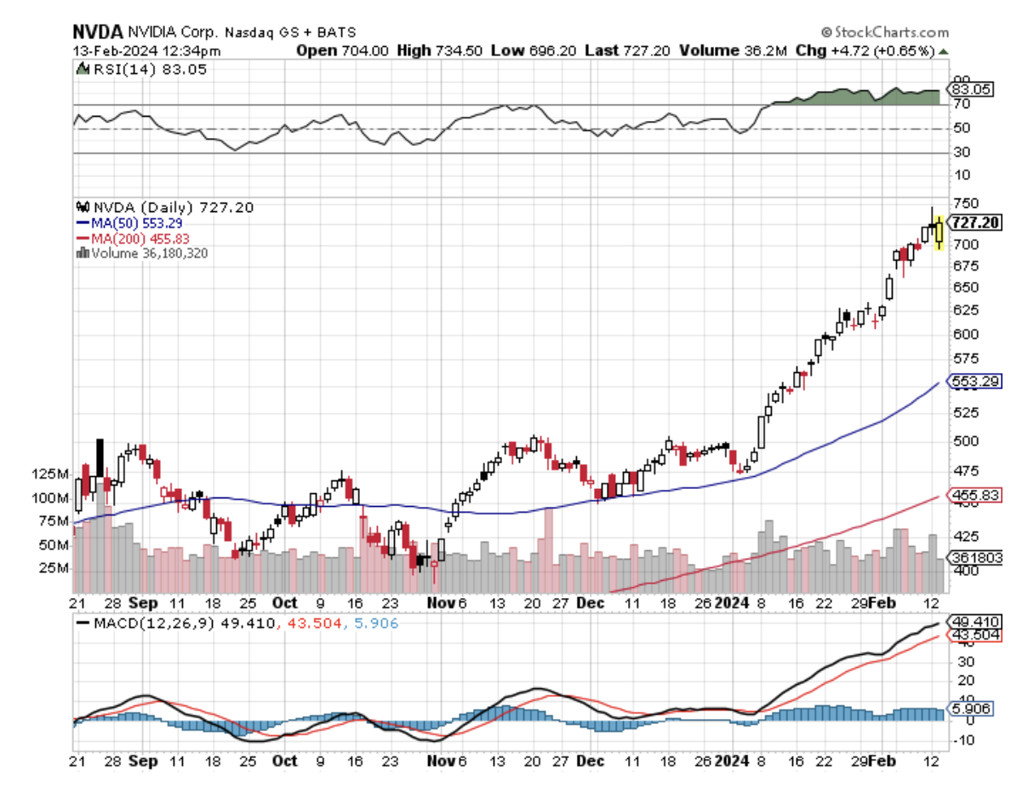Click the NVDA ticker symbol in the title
pos(91,32)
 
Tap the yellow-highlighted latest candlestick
pos(939,232)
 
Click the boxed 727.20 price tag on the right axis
pos(975,223)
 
